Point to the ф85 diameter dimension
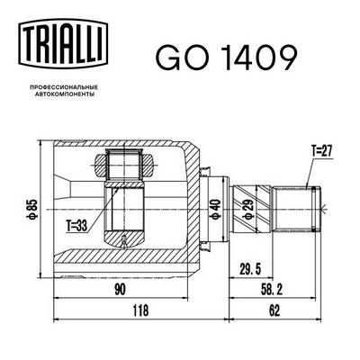(32, 210)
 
